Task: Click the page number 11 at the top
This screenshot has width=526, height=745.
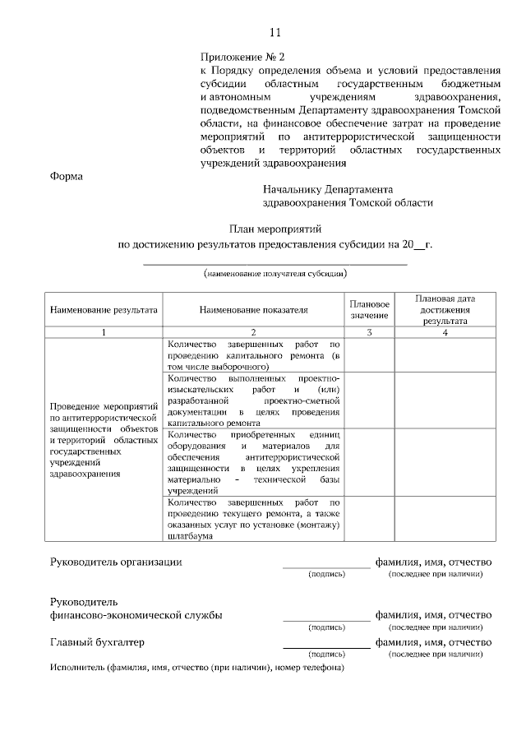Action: coord(275,33)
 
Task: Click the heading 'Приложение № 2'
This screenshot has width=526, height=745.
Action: coord(242,58)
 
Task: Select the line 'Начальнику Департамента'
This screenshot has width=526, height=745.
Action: coord(328,189)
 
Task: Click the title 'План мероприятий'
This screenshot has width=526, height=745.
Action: coord(274,229)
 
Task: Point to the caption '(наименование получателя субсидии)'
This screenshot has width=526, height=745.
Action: coord(275,273)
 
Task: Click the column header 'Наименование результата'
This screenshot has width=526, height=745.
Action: coord(104,311)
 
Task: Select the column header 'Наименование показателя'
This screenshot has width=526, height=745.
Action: coord(253,311)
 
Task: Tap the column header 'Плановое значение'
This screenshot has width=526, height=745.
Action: coord(369,310)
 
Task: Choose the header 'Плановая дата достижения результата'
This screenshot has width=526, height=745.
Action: coord(445,310)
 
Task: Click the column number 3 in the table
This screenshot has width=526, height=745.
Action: coord(369,332)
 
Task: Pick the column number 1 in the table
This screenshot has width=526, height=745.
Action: coord(104,332)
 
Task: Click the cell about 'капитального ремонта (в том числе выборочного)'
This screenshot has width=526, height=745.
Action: coord(252,354)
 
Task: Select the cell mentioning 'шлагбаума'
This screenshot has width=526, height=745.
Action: coord(252,519)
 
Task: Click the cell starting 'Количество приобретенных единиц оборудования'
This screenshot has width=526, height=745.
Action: coord(252,461)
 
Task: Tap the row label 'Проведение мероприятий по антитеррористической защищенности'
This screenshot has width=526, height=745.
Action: coord(104,440)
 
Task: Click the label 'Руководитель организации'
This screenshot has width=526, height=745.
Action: coord(116,562)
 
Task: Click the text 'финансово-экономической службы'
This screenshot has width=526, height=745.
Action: coord(136,615)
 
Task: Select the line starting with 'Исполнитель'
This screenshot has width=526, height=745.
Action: coord(196,668)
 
